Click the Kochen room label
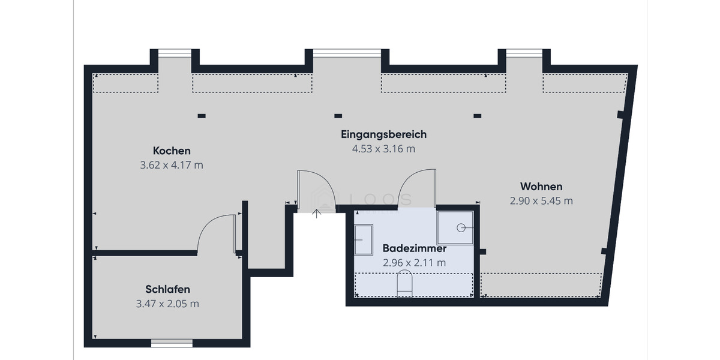point(172,151)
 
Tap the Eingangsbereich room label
point(383,134)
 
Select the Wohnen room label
point(541,187)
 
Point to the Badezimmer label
point(414,248)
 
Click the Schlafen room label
point(167,289)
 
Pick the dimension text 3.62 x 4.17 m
point(172,165)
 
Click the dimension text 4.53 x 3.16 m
point(383,149)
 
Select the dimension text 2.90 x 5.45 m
point(541,201)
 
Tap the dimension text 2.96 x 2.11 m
point(414,262)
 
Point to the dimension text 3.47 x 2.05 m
point(167,304)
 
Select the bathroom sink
point(364,240)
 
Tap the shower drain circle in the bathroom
point(461,227)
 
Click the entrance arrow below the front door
point(317,213)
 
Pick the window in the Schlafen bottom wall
point(172,343)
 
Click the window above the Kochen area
point(175,53)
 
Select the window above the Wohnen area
point(524,53)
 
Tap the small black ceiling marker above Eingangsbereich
point(338,116)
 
